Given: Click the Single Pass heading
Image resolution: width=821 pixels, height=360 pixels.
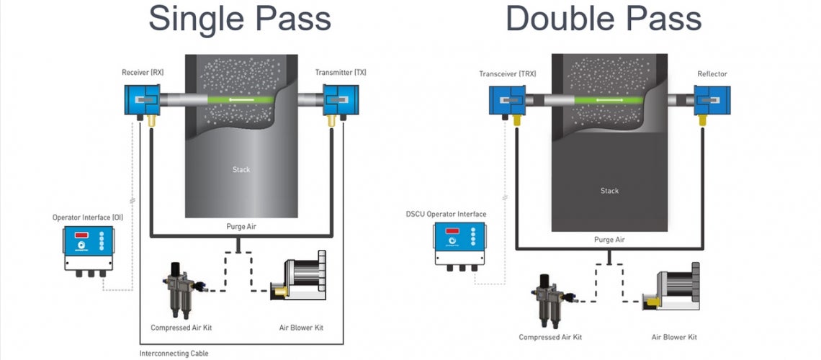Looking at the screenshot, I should pyautogui.click(x=239, y=19).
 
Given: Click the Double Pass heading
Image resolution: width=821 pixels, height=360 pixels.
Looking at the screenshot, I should pyautogui.click(x=603, y=19).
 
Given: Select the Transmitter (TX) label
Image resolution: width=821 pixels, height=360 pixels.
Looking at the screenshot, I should pyautogui.click(x=341, y=72).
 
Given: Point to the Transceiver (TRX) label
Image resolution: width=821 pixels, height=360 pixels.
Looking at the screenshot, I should pyautogui.click(x=507, y=73).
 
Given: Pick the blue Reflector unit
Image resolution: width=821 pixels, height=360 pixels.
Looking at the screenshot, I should pyautogui.click(x=712, y=101).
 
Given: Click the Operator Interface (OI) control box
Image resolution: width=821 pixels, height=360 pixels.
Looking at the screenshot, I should pyautogui.click(x=88, y=249).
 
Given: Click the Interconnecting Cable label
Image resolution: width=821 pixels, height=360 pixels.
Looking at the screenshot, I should pyautogui.click(x=174, y=353).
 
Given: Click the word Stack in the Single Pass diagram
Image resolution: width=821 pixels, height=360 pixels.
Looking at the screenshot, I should pyautogui.click(x=241, y=170).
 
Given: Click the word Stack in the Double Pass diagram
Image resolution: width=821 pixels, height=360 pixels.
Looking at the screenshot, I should pyautogui.click(x=609, y=191).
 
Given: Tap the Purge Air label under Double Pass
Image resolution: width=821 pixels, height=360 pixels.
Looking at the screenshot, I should pyautogui.click(x=609, y=239).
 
